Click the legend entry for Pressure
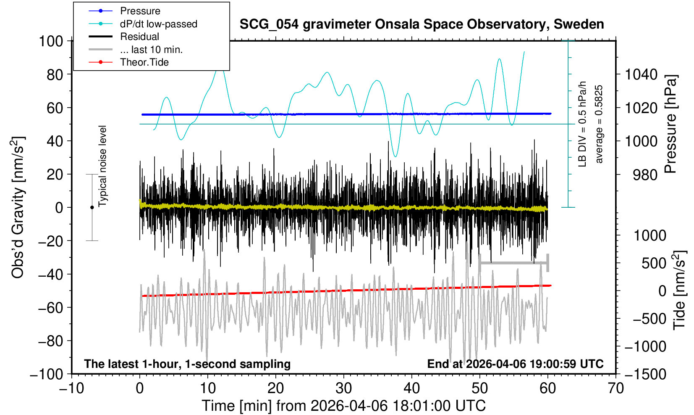[x=140, y=11]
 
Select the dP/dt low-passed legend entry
[x=158, y=24]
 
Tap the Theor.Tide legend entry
[x=144, y=62]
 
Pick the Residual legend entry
[x=139, y=37]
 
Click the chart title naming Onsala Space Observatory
[x=422, y=24]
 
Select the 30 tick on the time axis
[x=343, y=388]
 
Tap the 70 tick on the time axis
[x=615, y=388]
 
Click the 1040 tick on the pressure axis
[x=641, y=75]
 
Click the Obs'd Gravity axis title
[x=18, y=208]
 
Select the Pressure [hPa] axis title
[x=671, y=124]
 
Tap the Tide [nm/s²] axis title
[x=679, y=290]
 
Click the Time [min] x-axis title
[x=343, y=406]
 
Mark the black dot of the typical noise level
[x=92, y=207]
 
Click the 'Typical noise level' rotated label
[x=102, y=167]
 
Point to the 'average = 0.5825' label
[x=599, y=124]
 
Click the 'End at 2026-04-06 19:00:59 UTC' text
[x=515, y=364]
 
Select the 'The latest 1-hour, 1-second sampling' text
[x=187, y=364]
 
